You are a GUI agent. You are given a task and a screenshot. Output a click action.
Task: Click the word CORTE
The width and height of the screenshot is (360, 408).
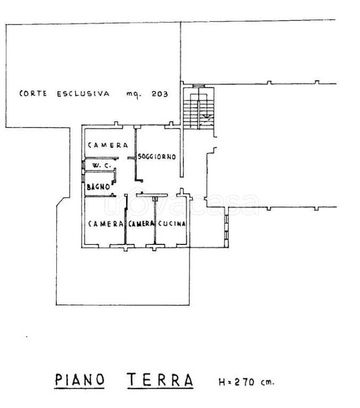coord(33,93)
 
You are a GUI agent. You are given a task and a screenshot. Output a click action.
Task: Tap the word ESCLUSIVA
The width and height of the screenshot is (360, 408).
coord(83,93)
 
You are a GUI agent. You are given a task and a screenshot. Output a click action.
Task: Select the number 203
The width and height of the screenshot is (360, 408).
coord(160,93)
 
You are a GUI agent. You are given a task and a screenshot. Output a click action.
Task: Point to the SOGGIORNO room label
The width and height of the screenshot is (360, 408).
coord(157,157)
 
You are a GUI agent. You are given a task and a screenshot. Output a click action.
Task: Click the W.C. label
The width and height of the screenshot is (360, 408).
coord(102,165)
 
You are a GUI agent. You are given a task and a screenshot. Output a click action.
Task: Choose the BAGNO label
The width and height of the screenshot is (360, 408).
coord(98,186)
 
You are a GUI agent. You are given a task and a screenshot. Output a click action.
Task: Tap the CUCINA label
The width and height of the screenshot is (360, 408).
coord(172,224)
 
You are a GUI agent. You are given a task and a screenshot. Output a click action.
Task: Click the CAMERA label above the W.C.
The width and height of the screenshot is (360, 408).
coord(108,145)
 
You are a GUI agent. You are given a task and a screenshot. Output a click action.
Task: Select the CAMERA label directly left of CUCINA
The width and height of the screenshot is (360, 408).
coord(141,224)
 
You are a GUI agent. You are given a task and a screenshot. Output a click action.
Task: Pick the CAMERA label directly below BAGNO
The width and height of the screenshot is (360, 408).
coord(105,224)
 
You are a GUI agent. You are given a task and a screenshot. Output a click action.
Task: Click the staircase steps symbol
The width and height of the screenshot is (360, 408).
coord(199,108)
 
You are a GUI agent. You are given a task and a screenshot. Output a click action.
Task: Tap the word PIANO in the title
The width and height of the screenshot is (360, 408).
coord(80,380)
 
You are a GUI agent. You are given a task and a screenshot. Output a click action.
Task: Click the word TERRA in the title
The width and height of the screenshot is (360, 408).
coord(160,380)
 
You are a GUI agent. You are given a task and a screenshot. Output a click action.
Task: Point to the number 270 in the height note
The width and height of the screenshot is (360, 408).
coord(245,382)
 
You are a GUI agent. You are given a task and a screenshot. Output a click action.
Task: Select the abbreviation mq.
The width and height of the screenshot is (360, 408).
coord(134,94)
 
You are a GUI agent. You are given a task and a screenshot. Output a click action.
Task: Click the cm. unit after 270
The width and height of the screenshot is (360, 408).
coord(267,382)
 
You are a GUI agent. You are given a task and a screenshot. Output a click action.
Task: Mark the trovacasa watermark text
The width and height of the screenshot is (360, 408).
coord(181,202)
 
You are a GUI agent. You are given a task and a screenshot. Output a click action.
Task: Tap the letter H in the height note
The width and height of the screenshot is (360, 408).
coord(222,382)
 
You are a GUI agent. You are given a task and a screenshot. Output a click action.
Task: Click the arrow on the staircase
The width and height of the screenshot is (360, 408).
coord(207,116)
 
